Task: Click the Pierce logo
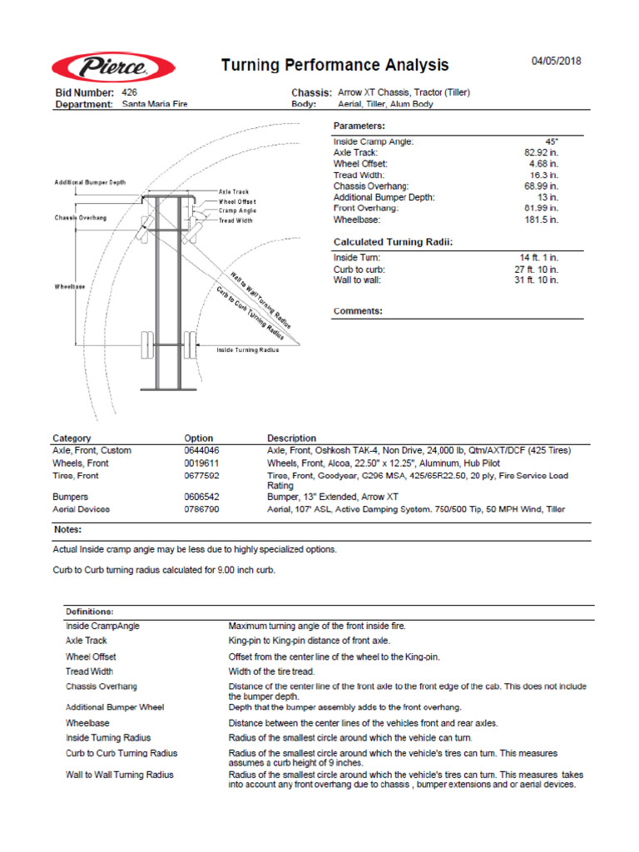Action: (113, 67)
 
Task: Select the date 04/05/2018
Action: (557, 62)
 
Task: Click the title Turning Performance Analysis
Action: (334, 65)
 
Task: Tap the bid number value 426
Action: (129, 92)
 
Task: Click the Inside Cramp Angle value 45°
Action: (551, 141)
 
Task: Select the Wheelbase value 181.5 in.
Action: (542, 220)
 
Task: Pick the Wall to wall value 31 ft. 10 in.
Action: (537, 280)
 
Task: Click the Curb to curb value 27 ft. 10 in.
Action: (537, 270)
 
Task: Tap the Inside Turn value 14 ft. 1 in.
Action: (539, 258)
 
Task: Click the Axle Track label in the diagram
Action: (234, 192)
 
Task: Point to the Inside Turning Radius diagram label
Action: (248, 350)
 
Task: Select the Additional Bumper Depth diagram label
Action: (91, 182)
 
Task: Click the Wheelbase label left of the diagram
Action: (70, 287)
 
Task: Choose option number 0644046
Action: (201, 450)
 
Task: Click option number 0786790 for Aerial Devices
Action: (201, 508)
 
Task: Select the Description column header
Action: (291, 438)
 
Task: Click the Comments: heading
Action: (358, 311)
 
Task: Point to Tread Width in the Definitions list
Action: (89, 671)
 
